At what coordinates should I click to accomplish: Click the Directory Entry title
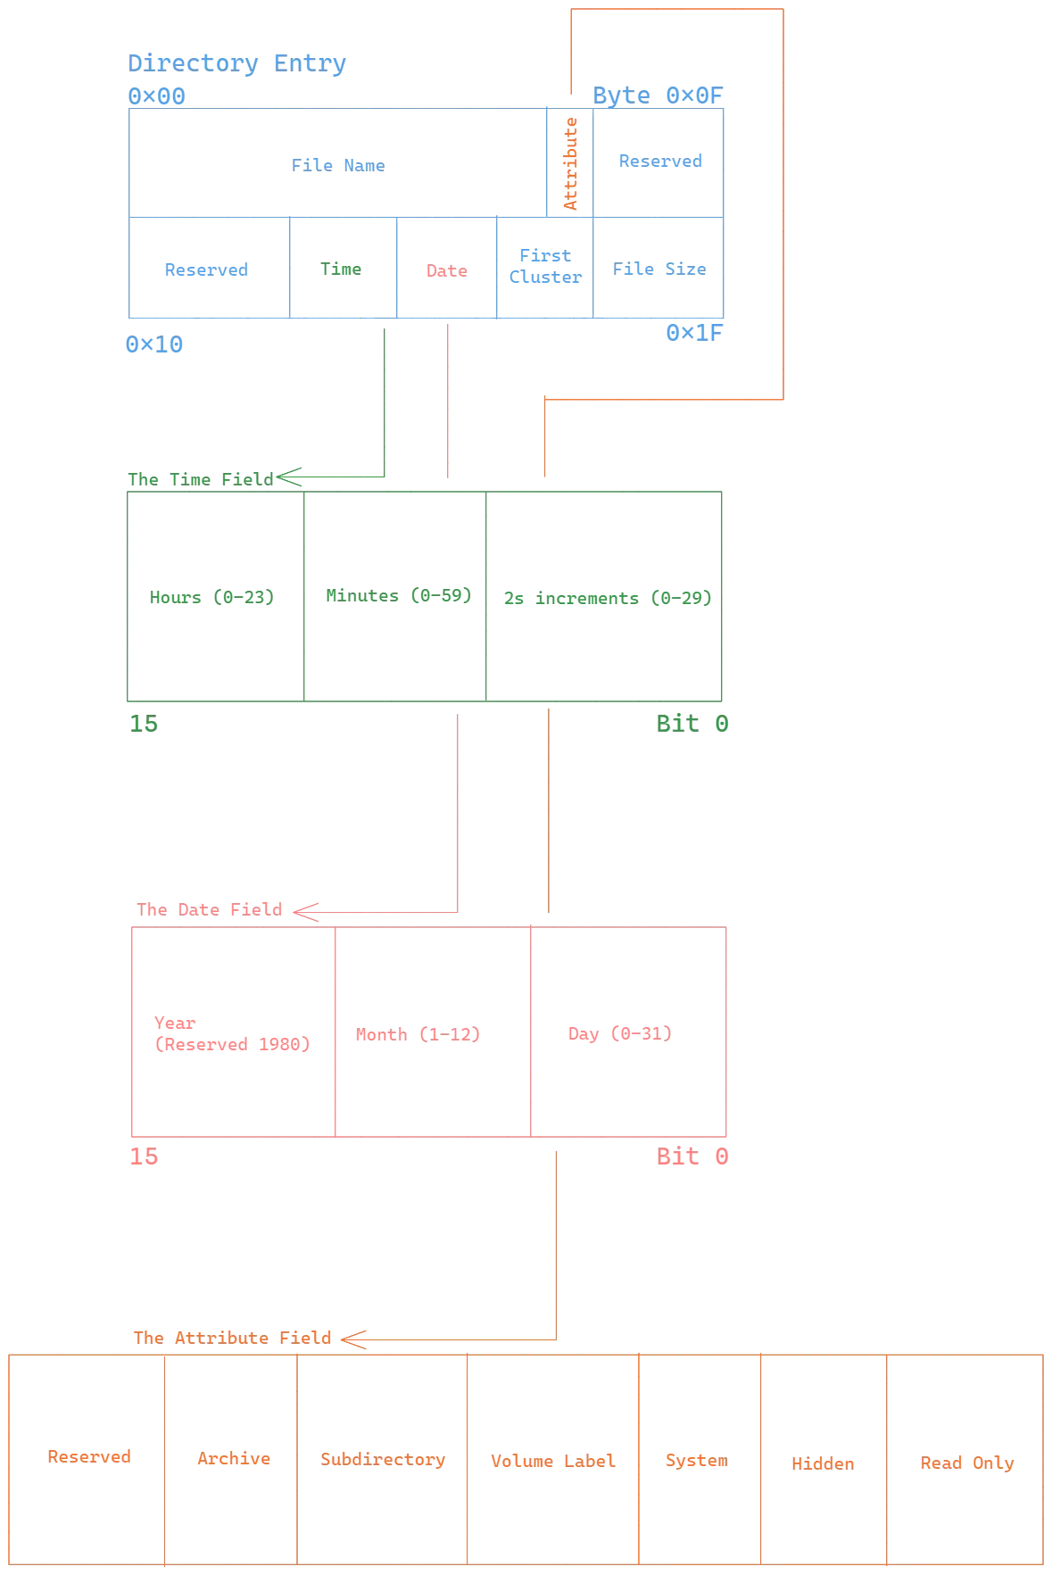click(x=237, y=62)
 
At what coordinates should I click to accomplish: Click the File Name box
click(x=338, y=164)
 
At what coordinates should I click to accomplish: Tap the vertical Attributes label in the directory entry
click(x=571, y=163)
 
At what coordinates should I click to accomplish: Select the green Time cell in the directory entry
click(x=343, y=269)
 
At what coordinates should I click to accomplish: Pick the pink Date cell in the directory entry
click(x=446, y=269)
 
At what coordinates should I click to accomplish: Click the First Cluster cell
click(x=545, y=267)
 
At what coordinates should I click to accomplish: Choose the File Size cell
click(x=660, y=269)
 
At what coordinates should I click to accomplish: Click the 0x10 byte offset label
click(x=153, y=345)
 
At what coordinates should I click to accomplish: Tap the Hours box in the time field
click(x=214, y=595)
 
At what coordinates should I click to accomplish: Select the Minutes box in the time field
click(x=396, y=595)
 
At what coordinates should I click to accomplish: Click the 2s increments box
click(x=608, y=595)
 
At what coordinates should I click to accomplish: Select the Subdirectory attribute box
click(x=383, y=1460)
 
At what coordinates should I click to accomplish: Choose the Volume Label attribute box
click(x=553, y=1460)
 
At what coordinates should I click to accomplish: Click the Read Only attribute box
click(x=967, y=1462)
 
